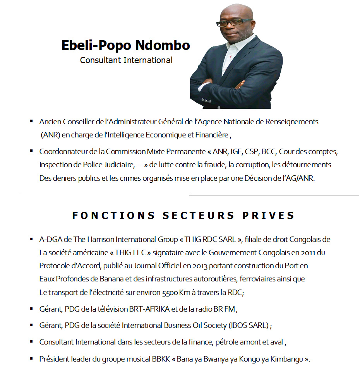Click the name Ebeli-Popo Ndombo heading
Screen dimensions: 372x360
(x=126, y=45)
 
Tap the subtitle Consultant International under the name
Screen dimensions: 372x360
(x=126, y=60)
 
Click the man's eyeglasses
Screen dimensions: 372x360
(x=234, y=22)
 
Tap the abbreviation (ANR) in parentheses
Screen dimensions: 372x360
(x=50, y=135)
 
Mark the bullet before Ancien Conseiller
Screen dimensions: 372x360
(x=31, y=122)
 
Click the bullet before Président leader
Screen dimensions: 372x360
(x=31, y=358)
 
